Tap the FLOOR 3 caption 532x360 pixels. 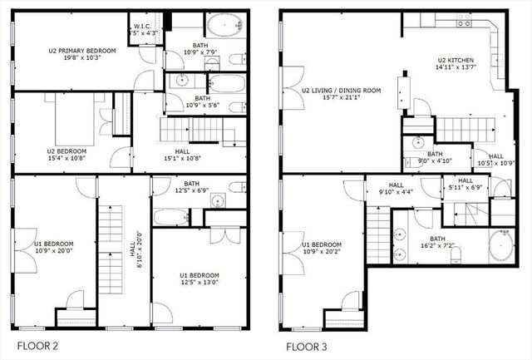[x=307, y=345]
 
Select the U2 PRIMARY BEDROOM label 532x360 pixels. [x=81, y=51]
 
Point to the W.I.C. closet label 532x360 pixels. [x=141, y=27]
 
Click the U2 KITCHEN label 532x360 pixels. [x=455, y=60]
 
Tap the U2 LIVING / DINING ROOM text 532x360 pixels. [x=341, y=90]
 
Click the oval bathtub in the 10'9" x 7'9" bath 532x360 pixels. [x=222, y=27]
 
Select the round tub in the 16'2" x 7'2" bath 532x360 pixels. [x=500, y=246]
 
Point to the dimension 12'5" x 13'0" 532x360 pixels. [x=199, y=283]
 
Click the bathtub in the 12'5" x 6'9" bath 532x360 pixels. [x=173, y=219]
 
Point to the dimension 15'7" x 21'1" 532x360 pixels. [x=341, y=98]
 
